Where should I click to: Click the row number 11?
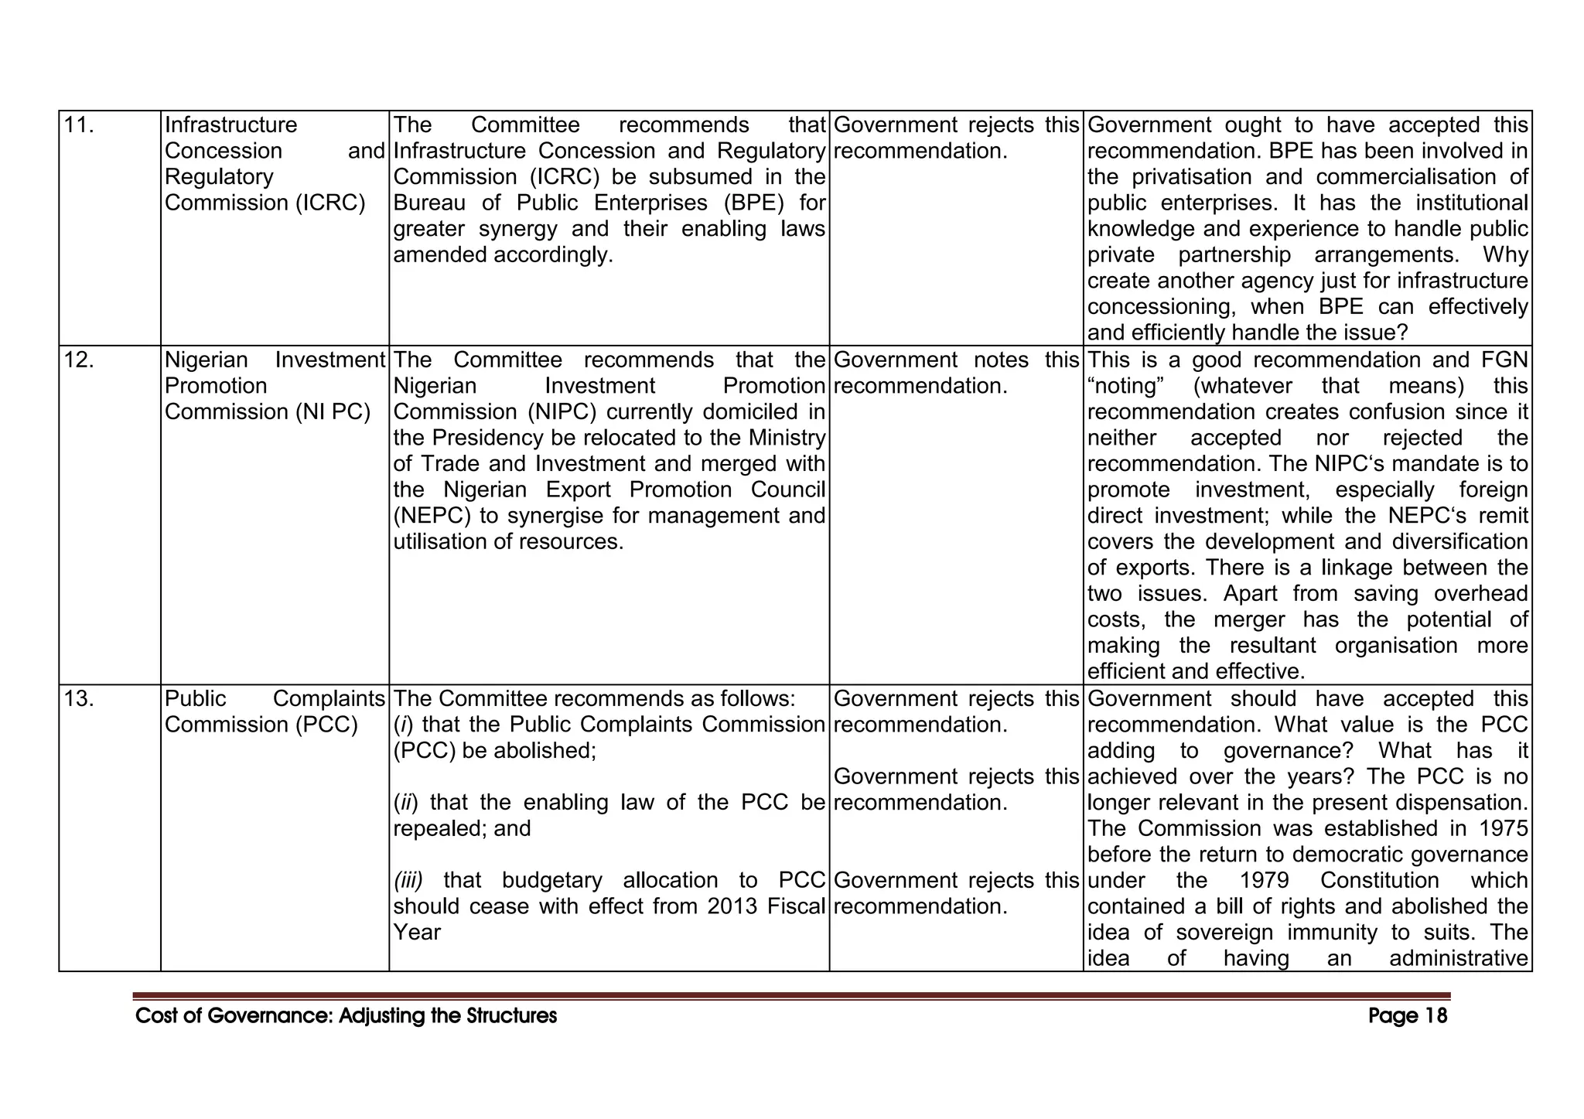(78, 125)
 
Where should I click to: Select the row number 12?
(79, 360)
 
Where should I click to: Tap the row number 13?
(79, 699)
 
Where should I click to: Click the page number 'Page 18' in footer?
(1407, 1015)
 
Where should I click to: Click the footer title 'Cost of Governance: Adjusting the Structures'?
(346, 1015)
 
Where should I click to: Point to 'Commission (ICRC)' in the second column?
(265, 203)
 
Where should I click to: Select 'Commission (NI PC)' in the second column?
(268, 412)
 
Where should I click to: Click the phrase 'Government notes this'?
(957, 360)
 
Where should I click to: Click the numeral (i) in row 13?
(403, 725)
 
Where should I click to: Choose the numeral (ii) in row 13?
(405, 803)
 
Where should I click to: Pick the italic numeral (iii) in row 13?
(408, 881)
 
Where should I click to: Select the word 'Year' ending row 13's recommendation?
(417, 933)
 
